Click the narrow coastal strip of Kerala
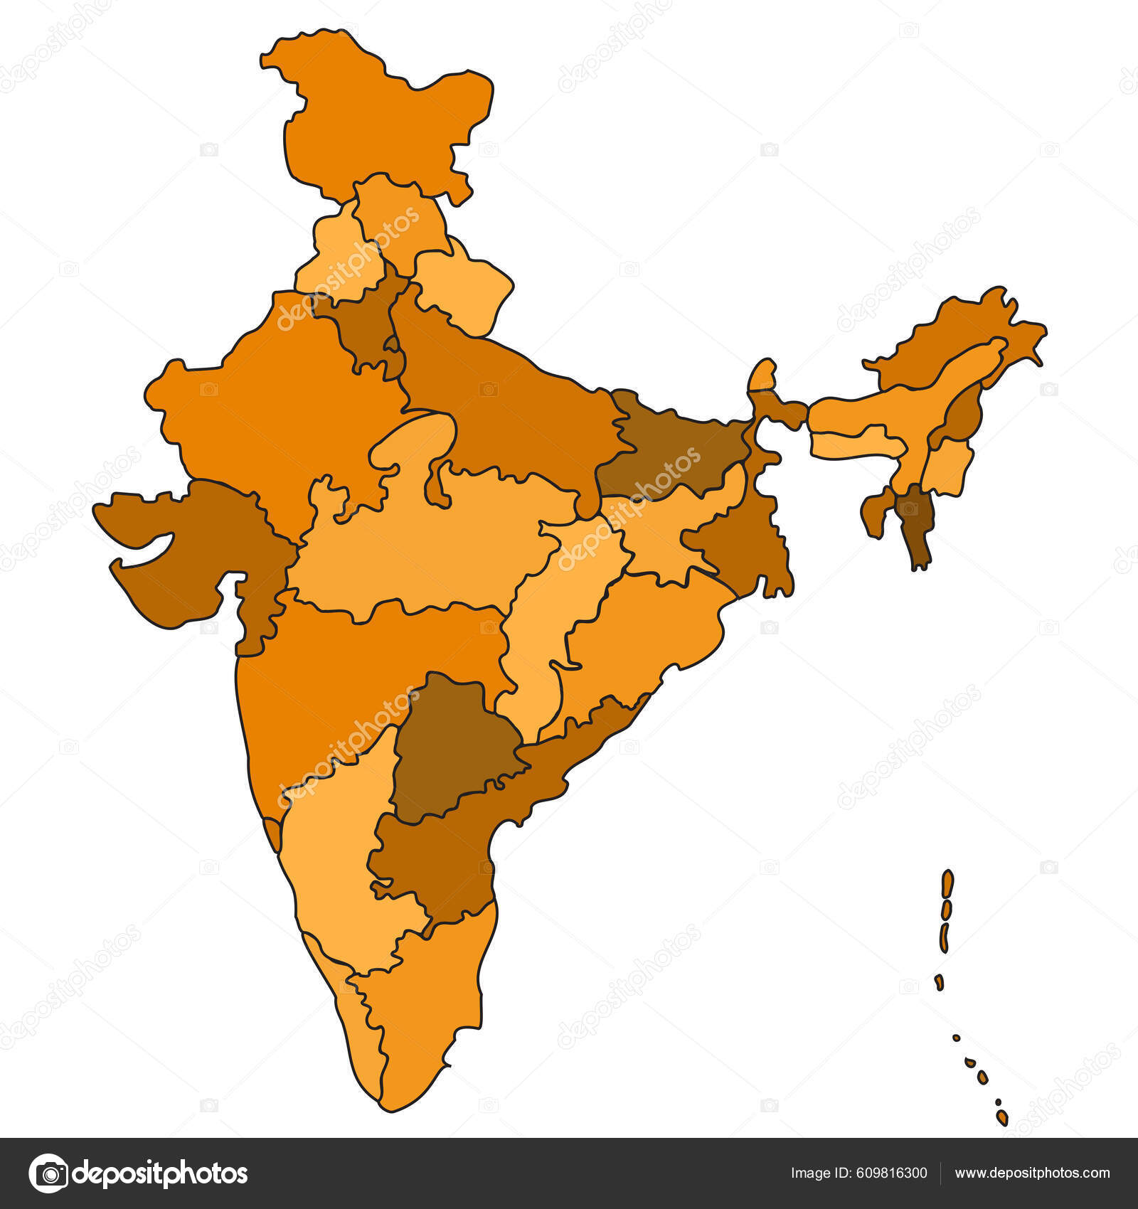click(356, 1024)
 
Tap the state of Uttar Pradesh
click(498, 405)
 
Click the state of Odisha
click(640, 633)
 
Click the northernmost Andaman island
click(947, 883)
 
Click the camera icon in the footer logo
click(49, 1173)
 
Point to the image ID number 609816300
click(858, 1173)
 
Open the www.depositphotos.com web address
click(1032, 1173)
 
